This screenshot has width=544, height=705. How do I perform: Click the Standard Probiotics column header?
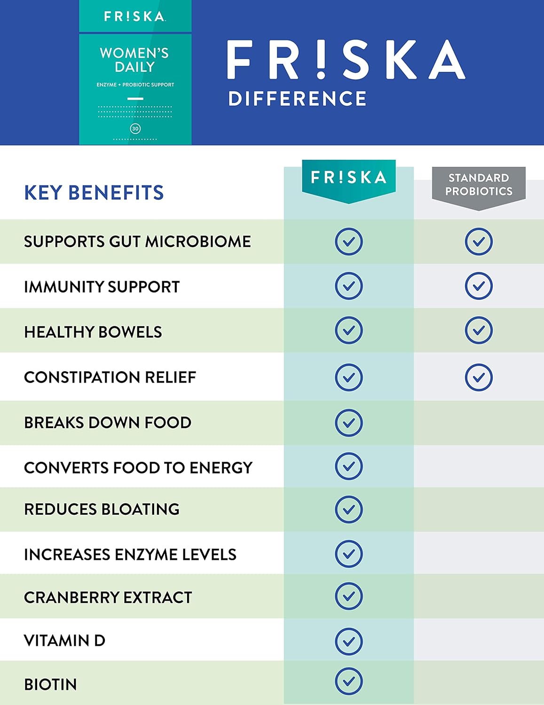pyautogui.click(x=479, y=185)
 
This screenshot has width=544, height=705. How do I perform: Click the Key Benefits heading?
pyautogui.click(x=94, y=193)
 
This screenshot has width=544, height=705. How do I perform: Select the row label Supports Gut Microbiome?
pyautogui.click(x=137, y=242)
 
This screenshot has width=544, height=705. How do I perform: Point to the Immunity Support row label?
pyautogui.click(x=102, y=287)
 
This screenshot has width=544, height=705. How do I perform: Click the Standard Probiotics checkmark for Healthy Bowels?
pyautogui.click(x=479, y=330)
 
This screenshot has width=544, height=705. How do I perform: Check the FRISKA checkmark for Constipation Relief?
pyautogui.click(x=348, y=377)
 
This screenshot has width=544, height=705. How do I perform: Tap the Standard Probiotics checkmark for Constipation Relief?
pyautogui.click(x=479, y=377)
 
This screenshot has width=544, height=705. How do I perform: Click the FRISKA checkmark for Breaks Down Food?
pyautogui.click(x=348, y=423)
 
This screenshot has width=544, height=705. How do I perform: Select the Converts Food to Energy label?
pyautogui.click(x=138, y=468)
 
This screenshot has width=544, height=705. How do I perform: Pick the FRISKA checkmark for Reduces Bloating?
pyautogui.click(x=348, y=509)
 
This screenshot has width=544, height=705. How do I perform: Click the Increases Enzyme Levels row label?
pyautogui.click(x=130, y=555)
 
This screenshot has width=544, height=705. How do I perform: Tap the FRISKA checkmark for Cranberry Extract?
pyautogui.click(x=348, y=596)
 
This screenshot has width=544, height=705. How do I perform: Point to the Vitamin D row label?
pyautogui.click(x=64, y=641)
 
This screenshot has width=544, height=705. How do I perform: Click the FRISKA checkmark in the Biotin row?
pyautogui.click(x=348, y=681)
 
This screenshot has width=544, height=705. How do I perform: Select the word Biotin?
pyautogui.click(x=50, y=685)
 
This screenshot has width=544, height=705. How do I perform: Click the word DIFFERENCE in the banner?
pyautogui.click(x=297, y=99)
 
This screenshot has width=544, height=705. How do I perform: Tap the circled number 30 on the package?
pyautogui.click(x=135, y=129)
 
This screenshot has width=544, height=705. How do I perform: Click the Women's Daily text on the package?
pyautogui.click(x=134, y=60)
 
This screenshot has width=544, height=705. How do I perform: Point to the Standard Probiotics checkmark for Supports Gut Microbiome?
pyautogui.click(x=479, y=242)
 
